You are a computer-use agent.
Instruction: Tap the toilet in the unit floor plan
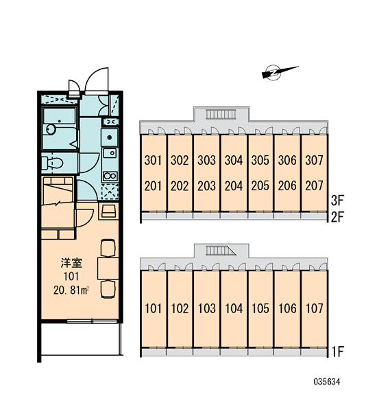[x=52, y=163]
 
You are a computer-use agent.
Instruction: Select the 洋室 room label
[x=71, y=263]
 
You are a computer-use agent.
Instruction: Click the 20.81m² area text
[x=71, y=290]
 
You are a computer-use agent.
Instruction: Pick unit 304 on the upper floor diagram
[x=234, y=160]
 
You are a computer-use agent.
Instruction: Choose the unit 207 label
[x=314, y=186]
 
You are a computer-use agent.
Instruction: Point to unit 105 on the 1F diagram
[x=260, y=308]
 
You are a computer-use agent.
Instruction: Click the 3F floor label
[x=337, y=201]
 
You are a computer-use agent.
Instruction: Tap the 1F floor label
[x=338, y=352]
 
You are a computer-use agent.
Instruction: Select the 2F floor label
[x=337, y=217]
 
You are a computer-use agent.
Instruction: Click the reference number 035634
[x=327, y=382]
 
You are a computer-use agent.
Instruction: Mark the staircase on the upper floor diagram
[x=221, y=114]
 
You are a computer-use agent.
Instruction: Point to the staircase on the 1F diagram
[x=221, y=251]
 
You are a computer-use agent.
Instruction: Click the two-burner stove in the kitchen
[x=110, y=176]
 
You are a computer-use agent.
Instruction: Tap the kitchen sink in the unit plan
[x=110, y=153]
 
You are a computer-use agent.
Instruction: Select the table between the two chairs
[x=108, y=268]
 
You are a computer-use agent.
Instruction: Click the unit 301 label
[x=153, y=160]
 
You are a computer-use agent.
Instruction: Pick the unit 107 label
[x=315, y=308]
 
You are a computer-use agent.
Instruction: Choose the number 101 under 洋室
[x=71, y=277]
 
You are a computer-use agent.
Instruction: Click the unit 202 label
[x=180, y=186]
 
